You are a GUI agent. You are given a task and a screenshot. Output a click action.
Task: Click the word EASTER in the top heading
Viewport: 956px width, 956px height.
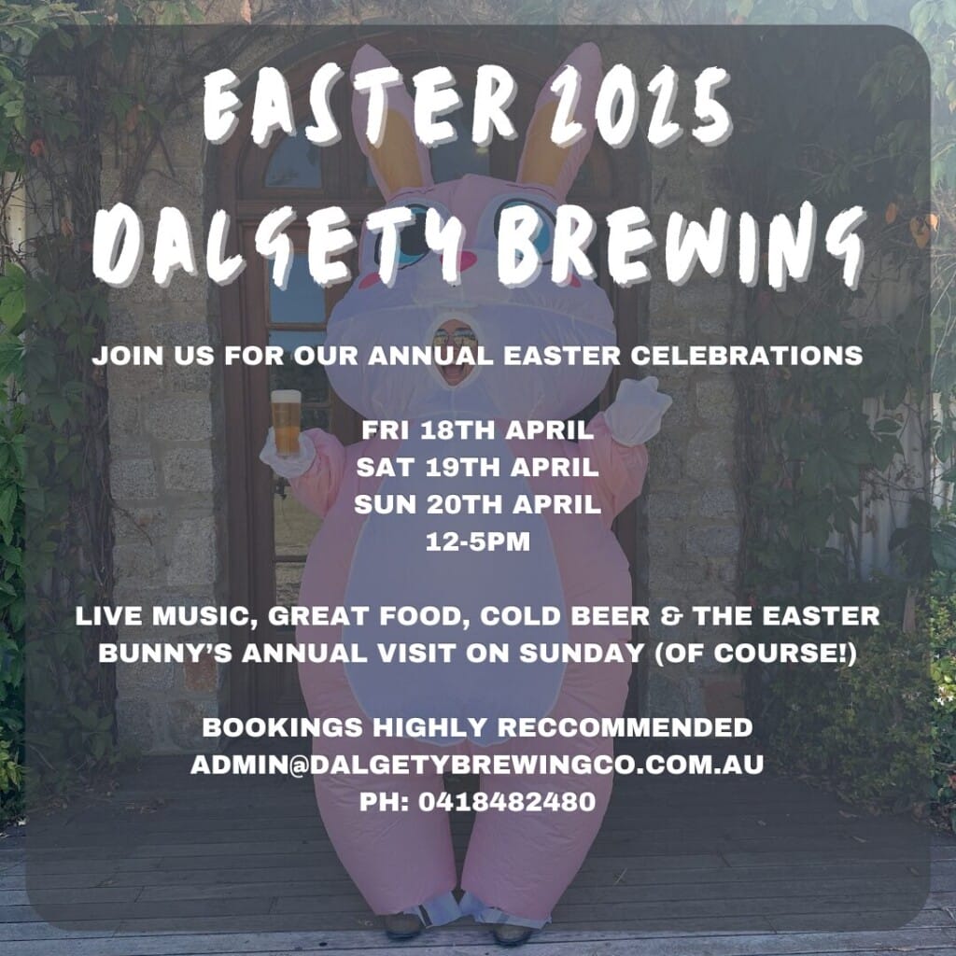pos(359,105)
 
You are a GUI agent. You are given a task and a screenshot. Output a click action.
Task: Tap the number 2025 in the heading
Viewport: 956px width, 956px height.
pos(640,105)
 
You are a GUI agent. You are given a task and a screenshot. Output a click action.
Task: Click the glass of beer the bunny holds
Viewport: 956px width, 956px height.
pos(286,423)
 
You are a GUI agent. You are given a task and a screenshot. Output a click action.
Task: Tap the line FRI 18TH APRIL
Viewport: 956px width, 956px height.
pos(477,430)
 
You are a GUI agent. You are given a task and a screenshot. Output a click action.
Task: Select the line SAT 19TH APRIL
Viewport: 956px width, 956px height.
pos(477,468)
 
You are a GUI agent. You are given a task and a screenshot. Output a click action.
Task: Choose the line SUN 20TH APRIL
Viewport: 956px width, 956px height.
pos(477,505)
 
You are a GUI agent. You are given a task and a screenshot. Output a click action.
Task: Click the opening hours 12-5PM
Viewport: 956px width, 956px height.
pos(477,542)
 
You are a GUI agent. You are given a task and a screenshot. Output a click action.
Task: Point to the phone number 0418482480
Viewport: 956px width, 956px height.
pos(507,802)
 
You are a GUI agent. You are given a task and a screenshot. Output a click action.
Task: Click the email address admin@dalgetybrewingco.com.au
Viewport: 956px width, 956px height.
pos(477,765)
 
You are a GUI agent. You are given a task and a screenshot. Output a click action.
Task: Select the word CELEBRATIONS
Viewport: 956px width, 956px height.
pos(746,356)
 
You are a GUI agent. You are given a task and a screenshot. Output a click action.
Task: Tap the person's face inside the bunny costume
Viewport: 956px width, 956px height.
pos(456,353)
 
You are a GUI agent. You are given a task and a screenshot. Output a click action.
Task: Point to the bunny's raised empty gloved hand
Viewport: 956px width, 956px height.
pos(638,411)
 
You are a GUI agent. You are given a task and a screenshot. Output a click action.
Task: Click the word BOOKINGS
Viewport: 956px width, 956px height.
pos(284,727)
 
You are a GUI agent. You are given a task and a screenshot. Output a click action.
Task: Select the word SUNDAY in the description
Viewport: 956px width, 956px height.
pos(582,654)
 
